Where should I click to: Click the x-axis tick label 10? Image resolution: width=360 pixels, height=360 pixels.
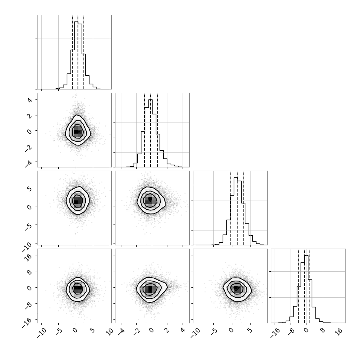pos(110,331)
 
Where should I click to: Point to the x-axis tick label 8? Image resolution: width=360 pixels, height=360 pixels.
pos(323,330)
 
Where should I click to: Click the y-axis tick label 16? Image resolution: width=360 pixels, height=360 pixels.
pos(28,257)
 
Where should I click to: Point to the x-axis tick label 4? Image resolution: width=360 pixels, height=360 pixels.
pos(183,330)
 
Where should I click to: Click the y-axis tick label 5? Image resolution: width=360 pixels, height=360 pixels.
pos(29,189)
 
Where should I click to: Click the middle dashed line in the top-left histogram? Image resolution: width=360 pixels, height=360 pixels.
pos(78,52)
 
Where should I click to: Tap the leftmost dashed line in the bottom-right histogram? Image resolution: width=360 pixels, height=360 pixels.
pos(299,286)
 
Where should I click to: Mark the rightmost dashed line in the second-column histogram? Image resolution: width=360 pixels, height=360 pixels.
pos(158,130)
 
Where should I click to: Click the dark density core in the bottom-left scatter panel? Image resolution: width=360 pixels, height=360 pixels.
pos(78,288)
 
